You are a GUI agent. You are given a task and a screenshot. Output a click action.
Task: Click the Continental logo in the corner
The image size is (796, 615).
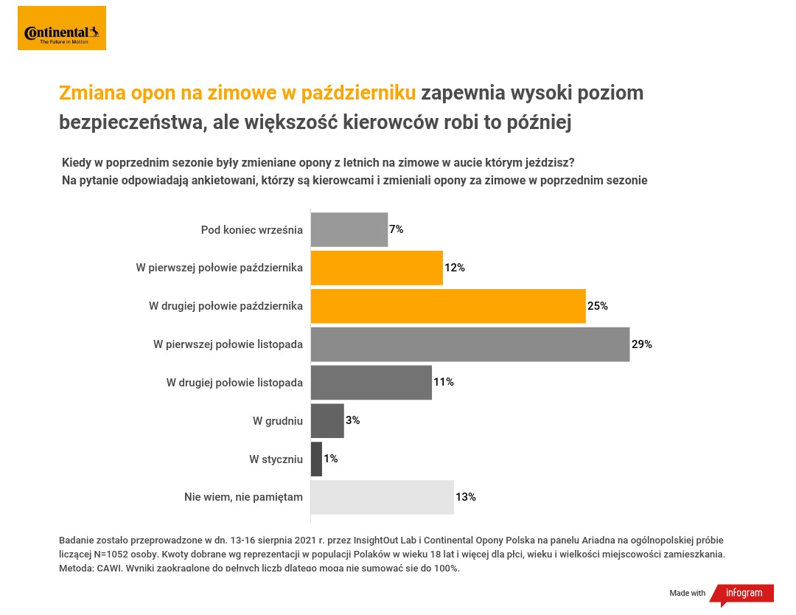[x=62, y=28]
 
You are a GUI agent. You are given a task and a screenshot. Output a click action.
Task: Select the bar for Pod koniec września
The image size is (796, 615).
[x=349, y=229]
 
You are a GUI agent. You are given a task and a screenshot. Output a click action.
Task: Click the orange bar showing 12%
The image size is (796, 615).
[x=377, y=268]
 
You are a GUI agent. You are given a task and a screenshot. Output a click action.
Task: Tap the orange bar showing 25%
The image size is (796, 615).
[x=448, y=306]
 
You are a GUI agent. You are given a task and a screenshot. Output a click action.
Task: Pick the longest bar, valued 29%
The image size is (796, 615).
[x=470, y=344]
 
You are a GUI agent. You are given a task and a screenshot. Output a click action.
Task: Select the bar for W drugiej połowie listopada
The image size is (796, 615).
[x=371, y=382]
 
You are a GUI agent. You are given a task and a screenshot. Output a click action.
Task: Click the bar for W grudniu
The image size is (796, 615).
[x=327, y=420]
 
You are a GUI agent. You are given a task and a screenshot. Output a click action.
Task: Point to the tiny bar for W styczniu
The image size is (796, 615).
[x=317, y=459]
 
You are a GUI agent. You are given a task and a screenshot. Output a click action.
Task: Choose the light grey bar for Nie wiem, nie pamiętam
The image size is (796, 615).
[x=382, y=497]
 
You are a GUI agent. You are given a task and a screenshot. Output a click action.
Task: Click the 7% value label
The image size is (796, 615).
[x=397, y=229]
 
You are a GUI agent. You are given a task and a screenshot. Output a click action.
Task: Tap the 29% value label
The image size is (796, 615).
[x=642, y=344]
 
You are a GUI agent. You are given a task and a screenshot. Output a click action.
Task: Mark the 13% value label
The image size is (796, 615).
[x=466, y=497]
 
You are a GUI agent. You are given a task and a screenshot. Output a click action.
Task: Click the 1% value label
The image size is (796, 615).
[x=331, y=459]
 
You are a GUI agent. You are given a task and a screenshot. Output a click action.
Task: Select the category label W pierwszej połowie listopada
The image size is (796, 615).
[x=228, y=344]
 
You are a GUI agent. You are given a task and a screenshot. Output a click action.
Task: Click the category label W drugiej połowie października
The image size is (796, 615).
[x=226, y=306]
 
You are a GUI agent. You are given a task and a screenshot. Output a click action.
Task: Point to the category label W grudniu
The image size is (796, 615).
[x=277, y=420]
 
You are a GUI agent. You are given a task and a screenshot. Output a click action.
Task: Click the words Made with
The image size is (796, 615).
[x=687, y=594]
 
